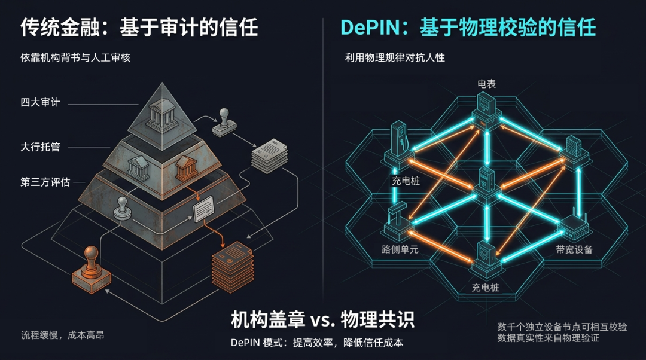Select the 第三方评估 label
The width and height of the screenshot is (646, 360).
click(45, 182)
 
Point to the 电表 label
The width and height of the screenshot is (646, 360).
click(486, 84)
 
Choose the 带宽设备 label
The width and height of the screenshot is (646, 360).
click(574, 249)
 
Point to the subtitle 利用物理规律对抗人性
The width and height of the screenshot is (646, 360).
click(395, 58)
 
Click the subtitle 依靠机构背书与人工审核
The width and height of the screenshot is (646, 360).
click(75, 58)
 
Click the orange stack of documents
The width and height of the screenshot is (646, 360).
click(233, 263)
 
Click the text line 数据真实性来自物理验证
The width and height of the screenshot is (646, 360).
click(548, 338)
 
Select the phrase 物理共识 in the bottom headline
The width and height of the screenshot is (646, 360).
click(377, 321)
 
